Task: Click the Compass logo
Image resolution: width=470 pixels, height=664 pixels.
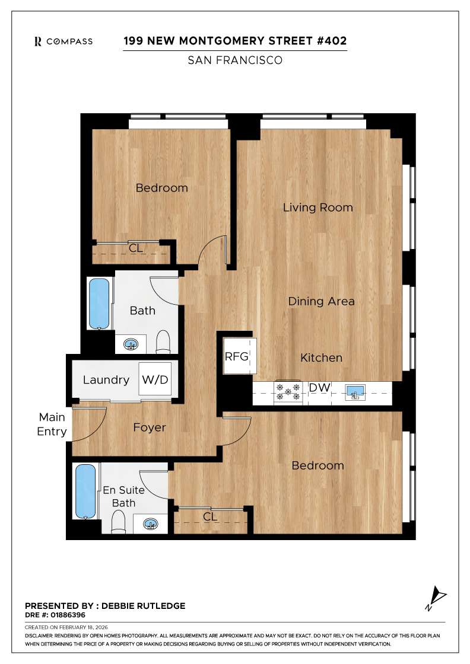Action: pyautogui.click(x=63, y=41)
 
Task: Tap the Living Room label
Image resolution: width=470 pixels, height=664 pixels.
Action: pyautogui.click(x=317, y=207)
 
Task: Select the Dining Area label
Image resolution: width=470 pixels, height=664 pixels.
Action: pyautogui.click(x=321, y=301)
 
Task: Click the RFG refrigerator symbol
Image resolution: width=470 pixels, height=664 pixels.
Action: pyautogui.click(x=239, y=356)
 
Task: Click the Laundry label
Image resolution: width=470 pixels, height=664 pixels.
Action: pyautogui.click(x=106, y=380)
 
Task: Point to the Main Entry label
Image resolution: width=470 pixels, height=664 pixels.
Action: pyautogui.click(x=52, y=424)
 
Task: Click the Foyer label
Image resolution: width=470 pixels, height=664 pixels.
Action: pyautogui.click(x=150, y=427)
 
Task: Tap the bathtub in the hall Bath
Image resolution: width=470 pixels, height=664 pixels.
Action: pyautogui.click(x=99, y=303)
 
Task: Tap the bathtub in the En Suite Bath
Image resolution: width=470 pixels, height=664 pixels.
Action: pyautogui.click(x=85, y=491)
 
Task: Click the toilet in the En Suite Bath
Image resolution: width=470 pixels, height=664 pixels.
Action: pyautogui.click(x=119, y=522)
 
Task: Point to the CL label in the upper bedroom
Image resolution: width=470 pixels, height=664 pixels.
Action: pyautogui.click(x=136, y=248)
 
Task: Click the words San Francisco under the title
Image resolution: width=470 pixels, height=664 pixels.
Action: pyautogui.click(x=234, y=60)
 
